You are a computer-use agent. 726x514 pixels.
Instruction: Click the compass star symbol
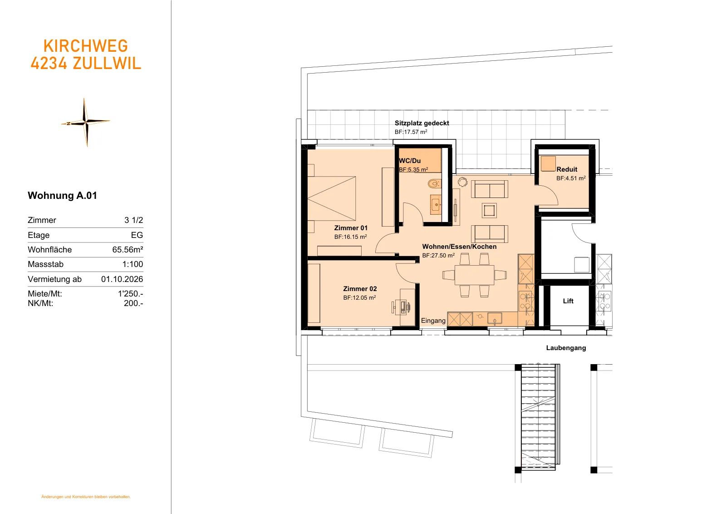tap(86, 122)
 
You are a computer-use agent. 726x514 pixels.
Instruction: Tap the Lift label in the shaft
tap(568, 301)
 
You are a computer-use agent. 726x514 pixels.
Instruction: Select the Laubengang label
tap(566, 348)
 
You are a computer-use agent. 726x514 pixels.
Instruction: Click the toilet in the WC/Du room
tap(434, 184)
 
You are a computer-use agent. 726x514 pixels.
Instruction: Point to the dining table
tap(475, 275)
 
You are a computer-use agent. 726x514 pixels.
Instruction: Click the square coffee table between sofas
tap(489, 211)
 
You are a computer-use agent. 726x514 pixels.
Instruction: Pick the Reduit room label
tap(567, 169)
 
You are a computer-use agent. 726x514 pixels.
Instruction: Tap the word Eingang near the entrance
tap(433, 321)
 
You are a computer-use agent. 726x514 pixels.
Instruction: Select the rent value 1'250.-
tap(130, 293)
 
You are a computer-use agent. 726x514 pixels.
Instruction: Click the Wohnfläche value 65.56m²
tap(128, 249)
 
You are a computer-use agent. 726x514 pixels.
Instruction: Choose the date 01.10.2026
tap(122, 279)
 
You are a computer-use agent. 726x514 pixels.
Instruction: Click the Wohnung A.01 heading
tap(62, 195)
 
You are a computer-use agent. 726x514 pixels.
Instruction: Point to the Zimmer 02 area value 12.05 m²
tap(359, 297)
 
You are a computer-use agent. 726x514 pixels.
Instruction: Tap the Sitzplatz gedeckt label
tap(422, 123)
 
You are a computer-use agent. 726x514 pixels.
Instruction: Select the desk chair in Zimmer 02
tap(402, 307)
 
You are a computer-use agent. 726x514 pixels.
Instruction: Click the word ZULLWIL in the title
tap(107, 63)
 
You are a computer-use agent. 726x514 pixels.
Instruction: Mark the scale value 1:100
tap(132, 264)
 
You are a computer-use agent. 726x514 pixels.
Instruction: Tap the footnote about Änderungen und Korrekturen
tap(86, 497)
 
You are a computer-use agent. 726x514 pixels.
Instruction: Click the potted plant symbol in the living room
tap(462, 182)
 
